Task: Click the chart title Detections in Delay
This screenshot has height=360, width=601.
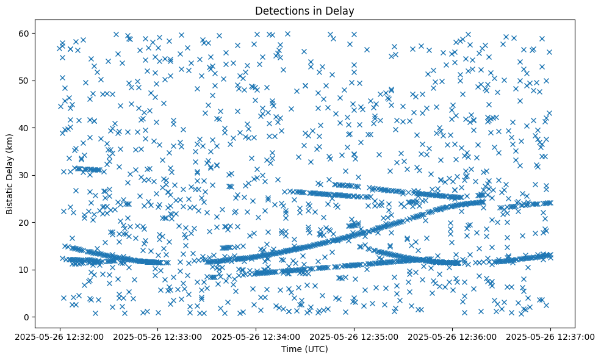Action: [304, 10]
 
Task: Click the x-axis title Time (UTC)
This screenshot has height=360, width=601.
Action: [304, 349]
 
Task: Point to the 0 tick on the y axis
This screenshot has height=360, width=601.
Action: [27, 317]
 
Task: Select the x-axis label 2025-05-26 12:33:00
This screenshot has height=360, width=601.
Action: [159, 336]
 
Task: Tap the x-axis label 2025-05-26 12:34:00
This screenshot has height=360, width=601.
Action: [256, 336]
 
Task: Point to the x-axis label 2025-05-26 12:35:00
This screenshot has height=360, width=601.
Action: [354, 336]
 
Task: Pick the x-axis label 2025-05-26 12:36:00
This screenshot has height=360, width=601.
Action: [453, 336]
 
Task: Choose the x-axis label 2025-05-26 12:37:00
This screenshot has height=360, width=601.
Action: [551, 336]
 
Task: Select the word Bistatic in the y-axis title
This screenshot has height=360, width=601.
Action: [10, 196]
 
